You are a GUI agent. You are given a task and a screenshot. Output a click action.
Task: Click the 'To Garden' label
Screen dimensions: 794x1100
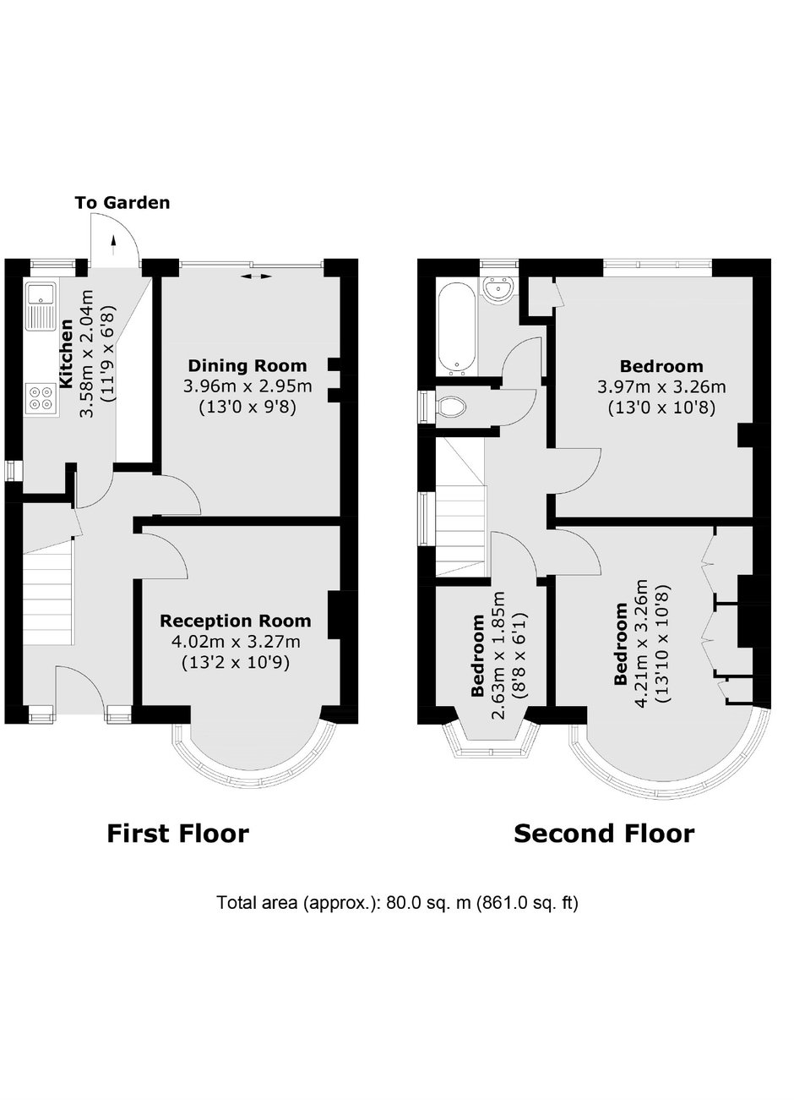122,203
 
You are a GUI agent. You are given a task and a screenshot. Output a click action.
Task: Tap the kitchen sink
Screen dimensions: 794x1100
41,306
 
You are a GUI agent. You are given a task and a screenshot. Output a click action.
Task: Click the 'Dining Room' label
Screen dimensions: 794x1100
247,366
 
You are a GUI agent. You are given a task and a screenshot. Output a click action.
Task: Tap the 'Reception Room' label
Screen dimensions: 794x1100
236,621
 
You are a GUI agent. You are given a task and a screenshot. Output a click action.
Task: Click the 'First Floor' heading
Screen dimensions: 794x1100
178,834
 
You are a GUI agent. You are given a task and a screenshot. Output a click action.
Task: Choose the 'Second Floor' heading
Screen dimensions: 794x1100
604,834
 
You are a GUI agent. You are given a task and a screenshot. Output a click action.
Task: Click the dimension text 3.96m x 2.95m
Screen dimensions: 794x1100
247,386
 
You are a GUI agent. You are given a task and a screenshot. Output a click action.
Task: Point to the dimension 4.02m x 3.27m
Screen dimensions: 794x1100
236,642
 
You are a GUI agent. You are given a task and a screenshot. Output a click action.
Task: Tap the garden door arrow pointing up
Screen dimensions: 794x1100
114,245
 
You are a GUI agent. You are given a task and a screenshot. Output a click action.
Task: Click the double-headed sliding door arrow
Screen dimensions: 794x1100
257,277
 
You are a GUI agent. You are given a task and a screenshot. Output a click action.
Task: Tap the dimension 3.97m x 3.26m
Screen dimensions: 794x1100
661,387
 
